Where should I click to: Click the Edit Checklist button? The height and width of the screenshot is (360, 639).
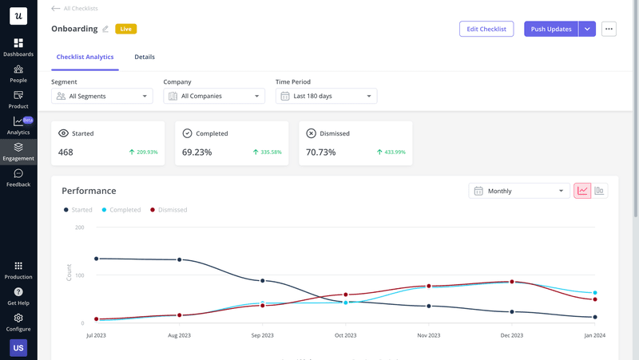point(486,29)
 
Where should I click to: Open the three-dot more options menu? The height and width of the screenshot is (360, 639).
point(609,29)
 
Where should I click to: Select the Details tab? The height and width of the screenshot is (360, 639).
point(145,57)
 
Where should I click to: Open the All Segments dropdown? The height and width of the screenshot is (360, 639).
point(101,96)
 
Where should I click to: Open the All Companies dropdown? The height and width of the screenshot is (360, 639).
point(214,96)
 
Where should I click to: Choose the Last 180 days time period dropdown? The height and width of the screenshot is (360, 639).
point(326,96)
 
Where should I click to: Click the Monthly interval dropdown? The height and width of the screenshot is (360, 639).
point(518,191)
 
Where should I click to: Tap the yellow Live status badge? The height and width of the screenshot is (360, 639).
point(125,29)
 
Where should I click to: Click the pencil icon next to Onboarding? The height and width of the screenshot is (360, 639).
point(105,30)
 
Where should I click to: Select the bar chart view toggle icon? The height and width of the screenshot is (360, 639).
point(599,191)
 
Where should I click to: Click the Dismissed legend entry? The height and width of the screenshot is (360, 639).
point(169,210)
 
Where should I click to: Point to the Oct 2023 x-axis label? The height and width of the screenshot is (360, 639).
point(345,336)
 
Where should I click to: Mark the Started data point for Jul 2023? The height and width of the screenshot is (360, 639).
point(96,259)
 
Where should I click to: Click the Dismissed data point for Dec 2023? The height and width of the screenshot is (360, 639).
point(512,282)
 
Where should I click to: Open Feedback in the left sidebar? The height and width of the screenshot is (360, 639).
point(18,177)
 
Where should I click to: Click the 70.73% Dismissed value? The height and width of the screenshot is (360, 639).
point(321,152)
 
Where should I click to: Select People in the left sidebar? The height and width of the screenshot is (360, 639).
point(18,73)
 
